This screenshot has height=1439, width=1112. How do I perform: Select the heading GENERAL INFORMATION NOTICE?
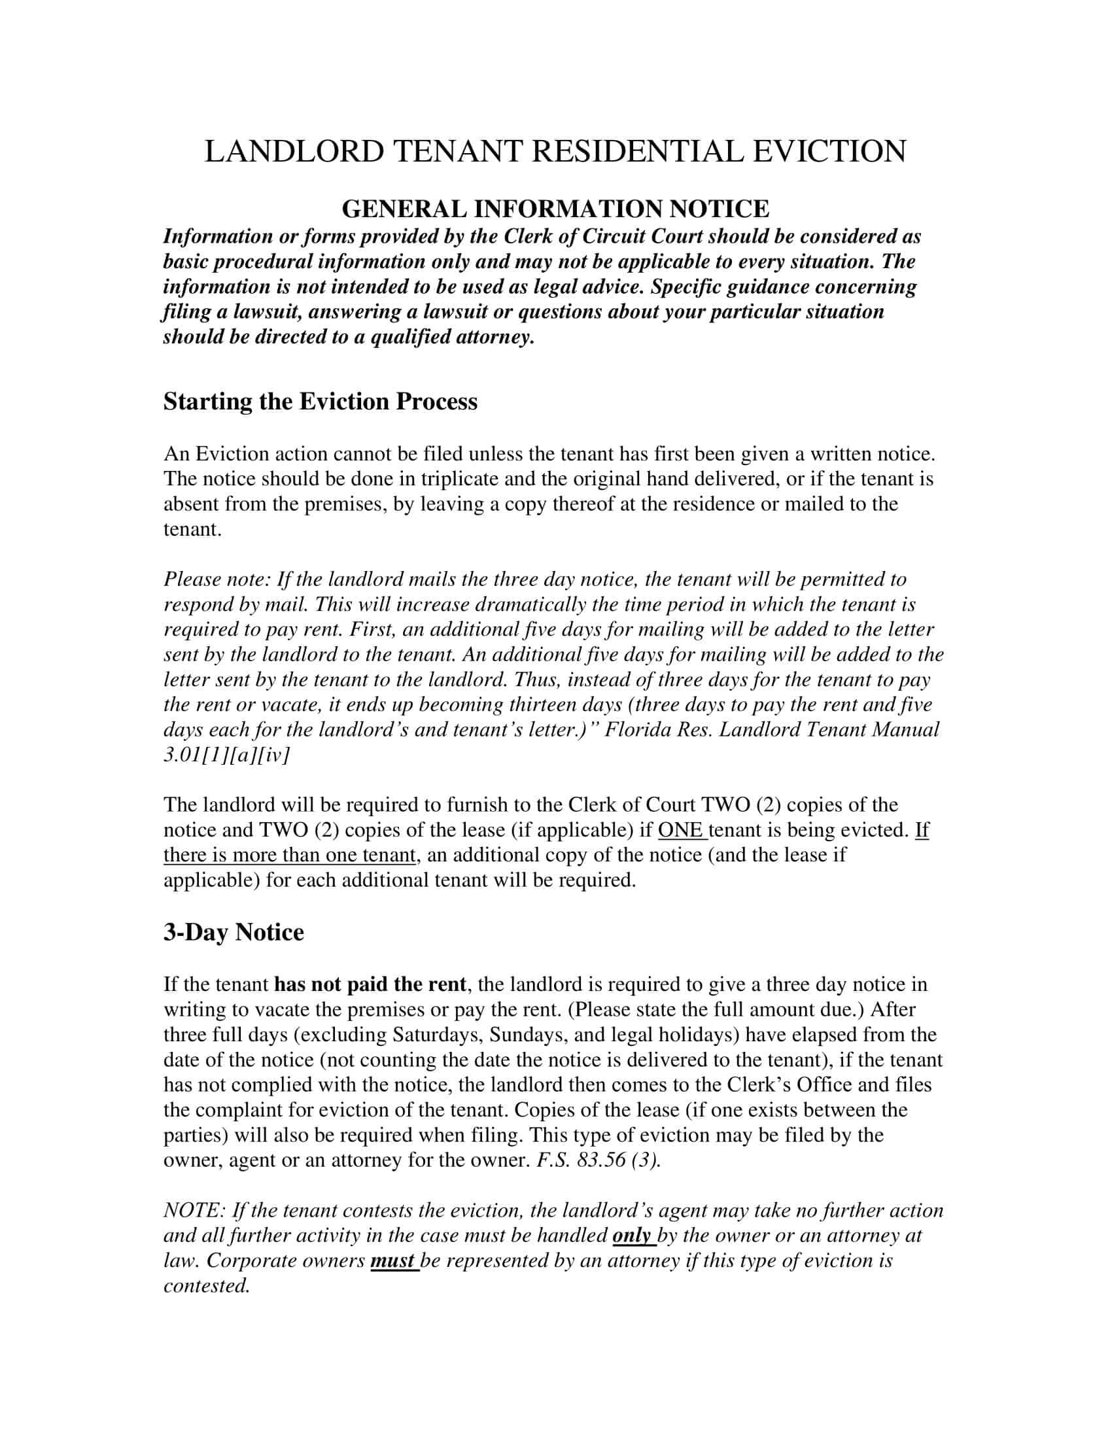[x=555, y=209]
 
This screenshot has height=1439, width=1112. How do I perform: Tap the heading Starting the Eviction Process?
[x=320, y=401]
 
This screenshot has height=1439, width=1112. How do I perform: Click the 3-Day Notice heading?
[x=234, y=931]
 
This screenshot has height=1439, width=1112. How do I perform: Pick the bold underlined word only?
[x=632, y=1236]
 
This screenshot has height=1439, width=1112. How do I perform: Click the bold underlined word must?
[x=392, y=1260]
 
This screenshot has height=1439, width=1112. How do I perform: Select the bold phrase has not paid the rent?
[x=370, y=984]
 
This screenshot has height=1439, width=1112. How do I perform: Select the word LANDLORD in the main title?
[x=294, y=151]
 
